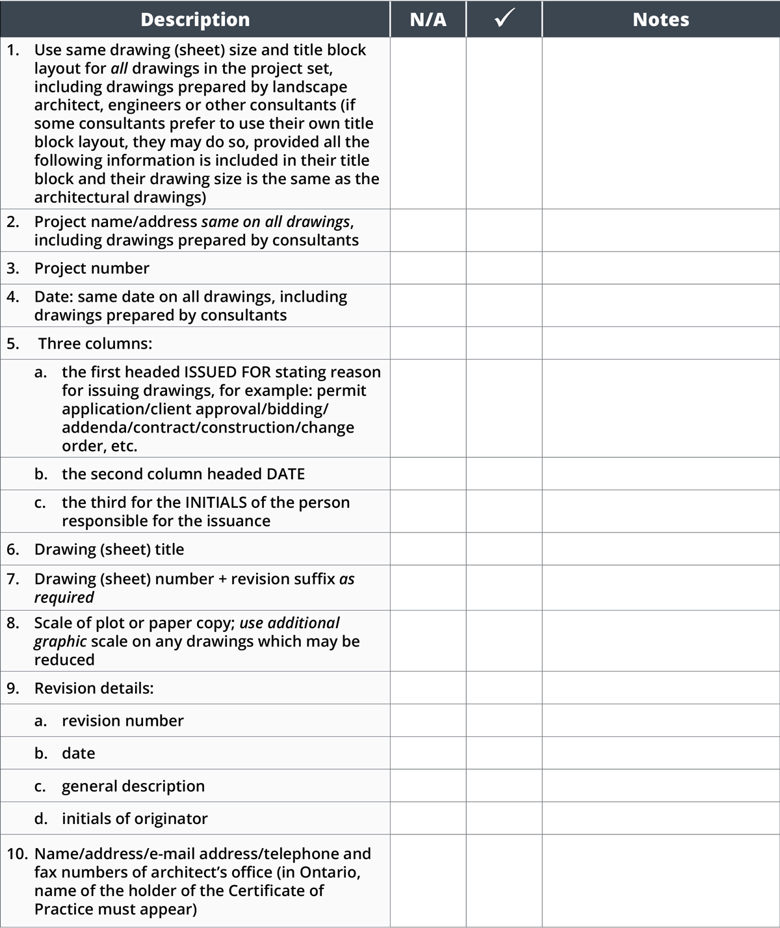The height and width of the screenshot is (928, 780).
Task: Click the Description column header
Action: (x=195, y=20)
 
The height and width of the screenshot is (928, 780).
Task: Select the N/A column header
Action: (x=428, y=20)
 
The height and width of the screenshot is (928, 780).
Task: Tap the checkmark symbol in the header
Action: (x=504, y=19)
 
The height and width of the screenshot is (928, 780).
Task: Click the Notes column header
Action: (x=660, y=20)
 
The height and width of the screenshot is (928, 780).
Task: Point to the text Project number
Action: (x=92, y=268)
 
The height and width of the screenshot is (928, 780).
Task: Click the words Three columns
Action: (x=95, y=343)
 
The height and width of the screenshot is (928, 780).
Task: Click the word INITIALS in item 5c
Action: (x=216, y=503)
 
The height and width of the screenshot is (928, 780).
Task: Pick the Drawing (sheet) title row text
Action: (x=109, y=550)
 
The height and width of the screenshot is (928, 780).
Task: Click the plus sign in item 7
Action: (x=222, y=579)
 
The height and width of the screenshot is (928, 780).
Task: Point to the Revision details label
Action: (x=94, y=688)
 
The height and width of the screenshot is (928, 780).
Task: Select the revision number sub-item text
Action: (x=123, y=721)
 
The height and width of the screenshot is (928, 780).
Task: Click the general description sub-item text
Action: (x=133, y=786)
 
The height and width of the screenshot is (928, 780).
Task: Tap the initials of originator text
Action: (x=135, y=819)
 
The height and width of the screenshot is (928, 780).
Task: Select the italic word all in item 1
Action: (x=119, y=69)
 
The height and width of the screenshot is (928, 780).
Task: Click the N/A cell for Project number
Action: (x=428, y=268)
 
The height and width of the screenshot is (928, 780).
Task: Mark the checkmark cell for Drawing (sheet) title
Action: (x=504, y=550)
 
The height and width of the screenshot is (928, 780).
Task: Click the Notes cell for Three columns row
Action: (x=660, y=343)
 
